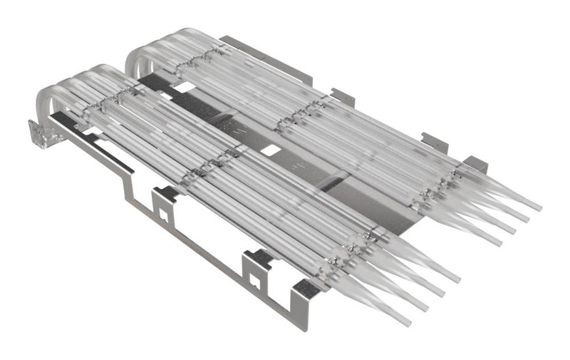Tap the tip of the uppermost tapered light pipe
539,210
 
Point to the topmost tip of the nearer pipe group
458,279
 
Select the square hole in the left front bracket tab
163,209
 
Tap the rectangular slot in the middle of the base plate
271,151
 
